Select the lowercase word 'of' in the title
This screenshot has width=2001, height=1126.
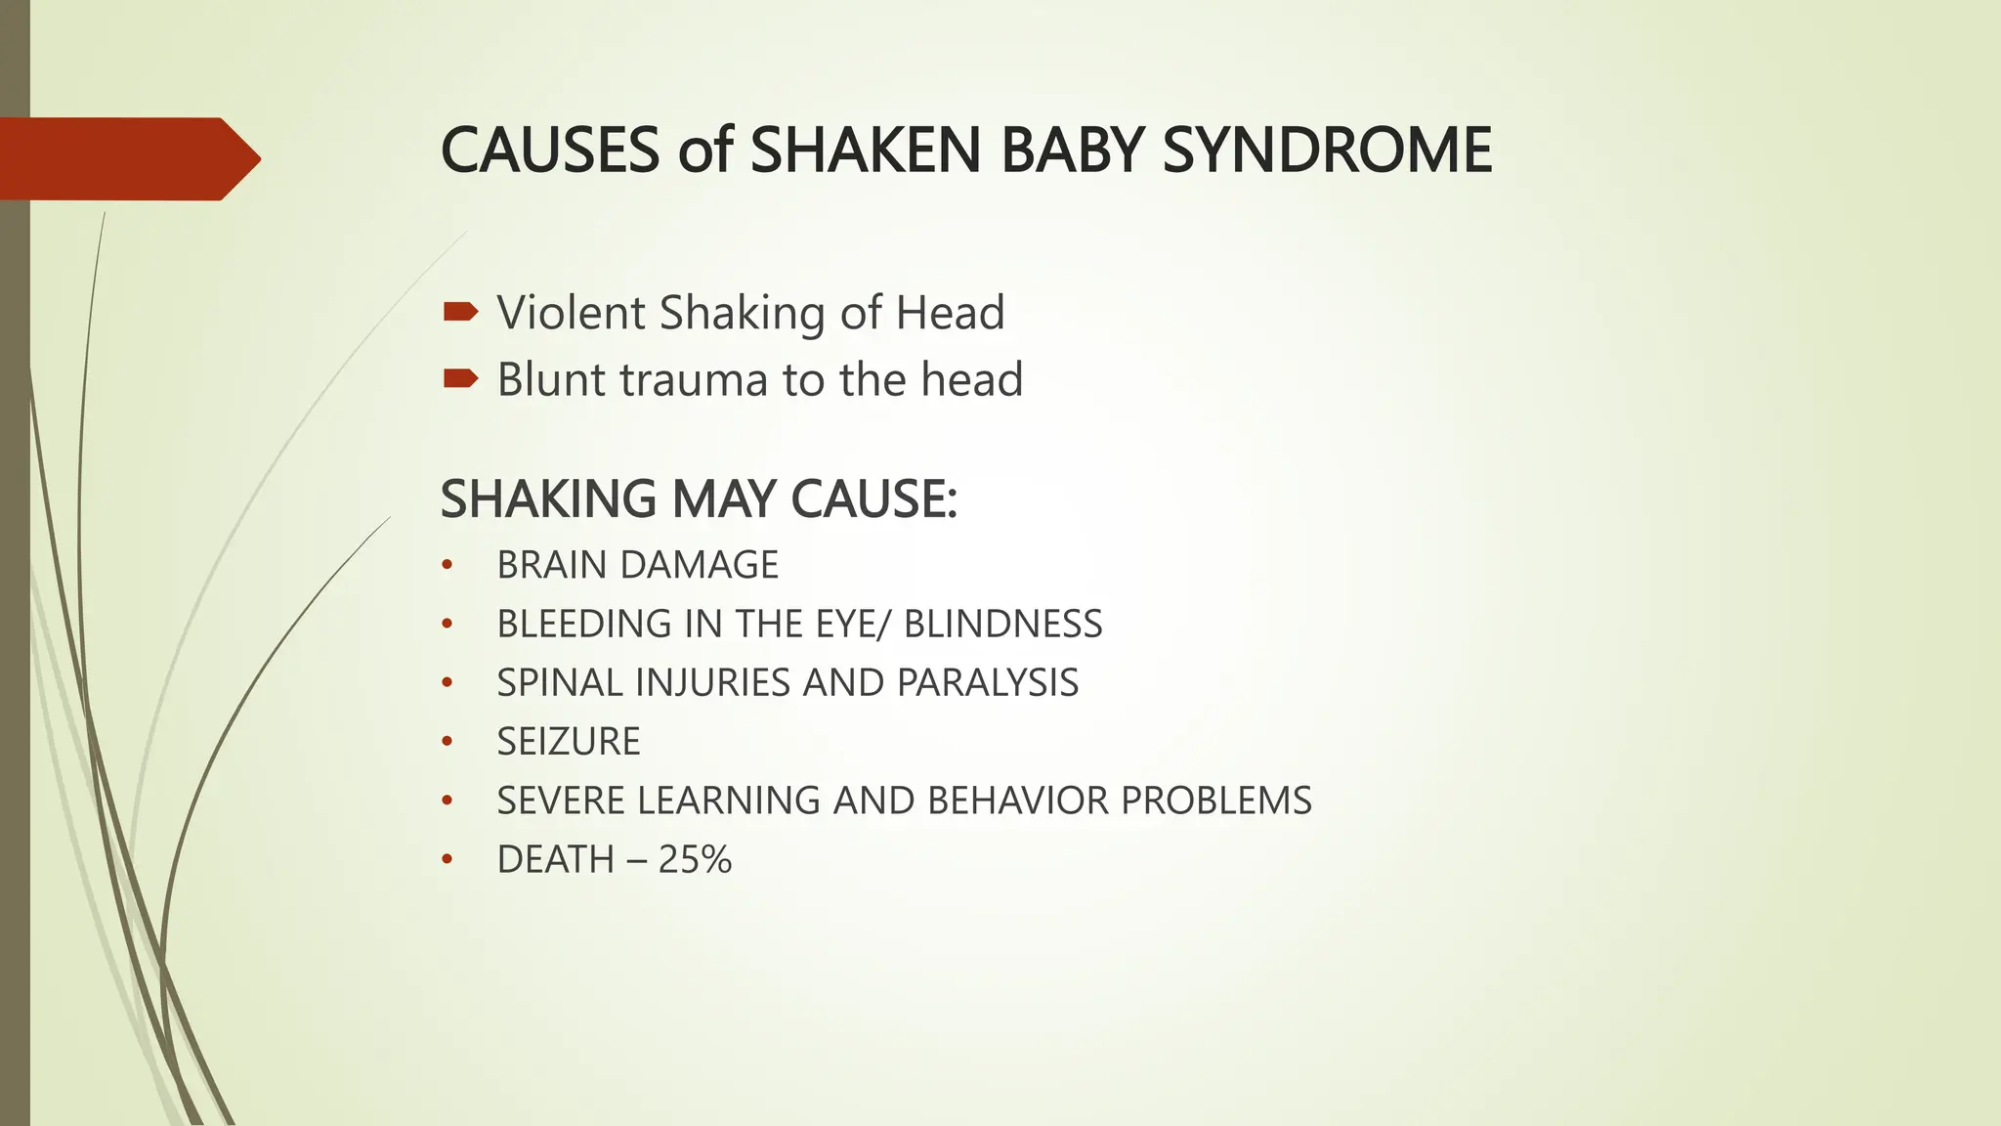pyautogui.click(x=704, y=151)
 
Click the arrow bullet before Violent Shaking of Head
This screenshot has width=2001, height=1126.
pyautogui.click(x=460, y=312)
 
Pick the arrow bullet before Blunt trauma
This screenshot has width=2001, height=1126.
pyautogui.click(x=460, y=378)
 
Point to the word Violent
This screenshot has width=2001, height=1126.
pyautogui.click(x=572, y=313)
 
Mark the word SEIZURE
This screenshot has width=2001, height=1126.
pyautogui.click(x=569, y=742)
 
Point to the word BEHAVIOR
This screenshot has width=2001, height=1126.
pyautogui.click(x=1018, y=801)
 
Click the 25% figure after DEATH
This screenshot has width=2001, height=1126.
pyautogui.click(x=695, y=859)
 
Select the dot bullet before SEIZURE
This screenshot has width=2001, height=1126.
pyautogui.click(x=447, y=742)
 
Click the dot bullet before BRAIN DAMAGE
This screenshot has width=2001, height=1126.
pyautogui.click(x=447, y=565)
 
